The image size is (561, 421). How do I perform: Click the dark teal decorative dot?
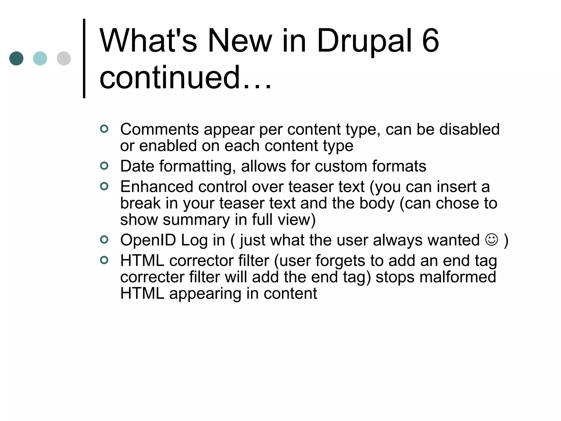tap(16, 58)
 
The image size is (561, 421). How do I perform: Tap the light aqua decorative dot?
tap(40, 58)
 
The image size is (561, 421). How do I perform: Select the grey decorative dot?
tap(64, 58)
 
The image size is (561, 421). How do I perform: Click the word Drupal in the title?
tap(364, 41)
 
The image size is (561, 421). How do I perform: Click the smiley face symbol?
tap(491, 240)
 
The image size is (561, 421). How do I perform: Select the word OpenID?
tap(148, 240)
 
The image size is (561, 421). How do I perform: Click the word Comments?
tap(159, 129)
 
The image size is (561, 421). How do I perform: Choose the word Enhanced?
tap(157, 187)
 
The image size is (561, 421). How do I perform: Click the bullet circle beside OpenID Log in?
tap(104, 240)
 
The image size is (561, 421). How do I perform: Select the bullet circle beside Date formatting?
tap(104, 166)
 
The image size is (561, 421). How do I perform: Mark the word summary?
tap(196, 220)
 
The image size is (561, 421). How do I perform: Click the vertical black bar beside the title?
tap(84, 58)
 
